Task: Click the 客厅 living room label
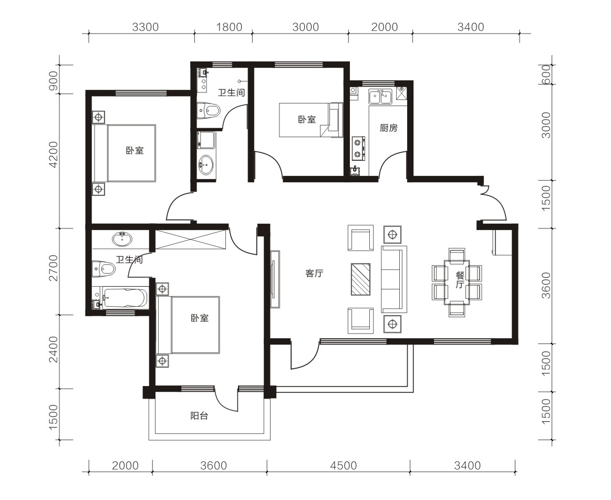point(314,273)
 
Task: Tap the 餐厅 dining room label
point(460,280)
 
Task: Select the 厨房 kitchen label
point(388,128)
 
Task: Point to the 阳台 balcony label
point(199,416)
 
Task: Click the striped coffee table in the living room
point(360,279)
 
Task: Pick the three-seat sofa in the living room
point(394,279)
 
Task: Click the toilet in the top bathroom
point(209,110)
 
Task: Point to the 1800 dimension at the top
point(229,27)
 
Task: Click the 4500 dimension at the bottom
point(343,465)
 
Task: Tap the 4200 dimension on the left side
point(54,154)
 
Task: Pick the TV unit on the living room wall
point(275,279)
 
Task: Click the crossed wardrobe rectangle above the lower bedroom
point(191,240)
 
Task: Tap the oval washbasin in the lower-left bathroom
point(121,239)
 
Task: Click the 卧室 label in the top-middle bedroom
point(307,120)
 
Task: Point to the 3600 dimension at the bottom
point(213,465)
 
